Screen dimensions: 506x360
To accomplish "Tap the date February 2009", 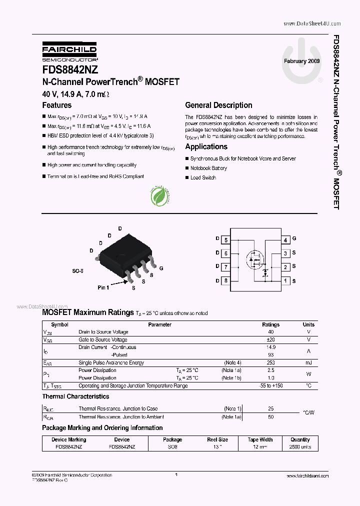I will pyautogui.click(x=301, y=60).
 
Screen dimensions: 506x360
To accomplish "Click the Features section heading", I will pyautogui.click(x=56, y=105).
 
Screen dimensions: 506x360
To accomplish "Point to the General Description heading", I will pyautogui.click(x=218, y=105).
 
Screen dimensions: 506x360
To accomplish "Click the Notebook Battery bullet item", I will pyautogui.click(x=208, y=168).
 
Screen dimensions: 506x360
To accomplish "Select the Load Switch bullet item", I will pyautogui.click(x=203, y=177).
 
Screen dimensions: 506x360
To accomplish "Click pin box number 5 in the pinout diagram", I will pyautogui.click(x=226, y=240).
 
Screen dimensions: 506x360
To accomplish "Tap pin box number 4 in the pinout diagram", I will pyautogui.click(x=285, y=240).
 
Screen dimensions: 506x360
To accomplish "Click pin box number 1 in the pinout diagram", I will pyautogui.click(x=285, y=280).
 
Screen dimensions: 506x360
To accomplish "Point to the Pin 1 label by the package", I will pyautogui.click(x=103, y=287).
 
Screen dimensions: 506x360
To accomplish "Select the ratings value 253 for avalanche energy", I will pyautogui.click(x=271, y=362).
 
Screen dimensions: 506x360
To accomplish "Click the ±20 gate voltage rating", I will pyautogui.click(x=271, y=339).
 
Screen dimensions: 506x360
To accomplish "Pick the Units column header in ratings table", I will pyautogui.click(x=308, y=324).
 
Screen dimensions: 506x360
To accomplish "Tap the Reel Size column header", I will pyautogui.click(x=217, y=439).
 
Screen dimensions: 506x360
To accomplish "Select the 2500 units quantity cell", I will pyautogui.click(x=300, y=446).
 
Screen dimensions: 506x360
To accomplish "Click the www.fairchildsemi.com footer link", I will pyautogui.click(x=308, y=476).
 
